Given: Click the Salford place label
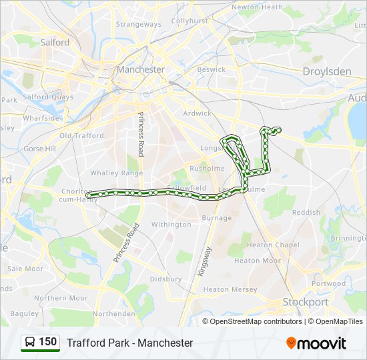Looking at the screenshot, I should coord(55,42).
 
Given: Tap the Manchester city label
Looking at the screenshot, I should coord(140,69).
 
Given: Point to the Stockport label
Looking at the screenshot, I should coord(305,302).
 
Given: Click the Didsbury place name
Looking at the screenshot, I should coord(165,279).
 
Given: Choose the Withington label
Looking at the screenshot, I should coord(171,225).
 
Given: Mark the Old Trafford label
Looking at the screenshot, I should coord(81,135).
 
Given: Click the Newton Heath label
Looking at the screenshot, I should coord(256,7).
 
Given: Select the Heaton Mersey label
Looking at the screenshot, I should coord(230,290).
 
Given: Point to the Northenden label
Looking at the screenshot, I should coord(113,313).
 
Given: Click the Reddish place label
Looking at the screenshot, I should coord(306,212).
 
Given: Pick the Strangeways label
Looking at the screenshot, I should coord(138,25).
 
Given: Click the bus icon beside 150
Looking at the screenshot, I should coord(29,343).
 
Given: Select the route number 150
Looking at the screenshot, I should coord(48,342).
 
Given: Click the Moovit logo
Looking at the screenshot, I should coord(316,343).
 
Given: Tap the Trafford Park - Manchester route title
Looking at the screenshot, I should coord(129,343).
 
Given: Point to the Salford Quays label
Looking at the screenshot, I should coord(48,97).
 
